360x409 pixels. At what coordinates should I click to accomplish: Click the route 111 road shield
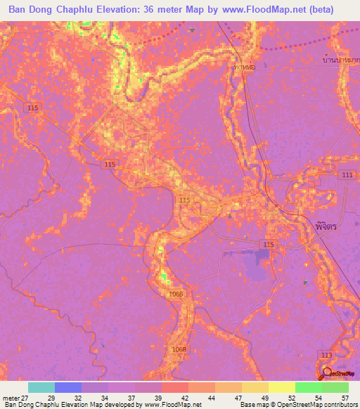[346, 174]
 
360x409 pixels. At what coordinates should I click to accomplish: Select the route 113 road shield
[324, 356]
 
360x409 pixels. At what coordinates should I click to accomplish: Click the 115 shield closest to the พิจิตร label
[269, 244]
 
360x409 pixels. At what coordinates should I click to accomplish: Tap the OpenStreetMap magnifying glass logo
[327, 373]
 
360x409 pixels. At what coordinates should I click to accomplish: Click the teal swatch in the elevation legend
[41, 387]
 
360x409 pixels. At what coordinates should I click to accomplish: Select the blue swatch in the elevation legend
[68, 387]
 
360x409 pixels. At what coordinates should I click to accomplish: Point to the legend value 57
[345, 397]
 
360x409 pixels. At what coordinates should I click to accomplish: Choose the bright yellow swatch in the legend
[282, 387]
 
